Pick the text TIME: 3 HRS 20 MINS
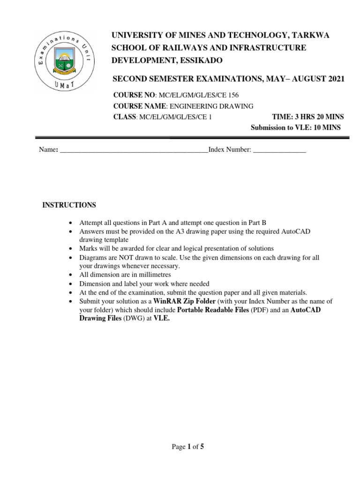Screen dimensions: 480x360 coord(307,117)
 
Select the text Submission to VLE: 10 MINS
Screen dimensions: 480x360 coord(296,127)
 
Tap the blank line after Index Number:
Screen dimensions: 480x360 coord(279,150)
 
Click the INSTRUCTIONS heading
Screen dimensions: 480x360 coord(69,205)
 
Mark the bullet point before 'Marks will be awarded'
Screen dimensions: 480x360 coord(70,248)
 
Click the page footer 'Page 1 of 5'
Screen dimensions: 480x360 coord(188,447)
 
